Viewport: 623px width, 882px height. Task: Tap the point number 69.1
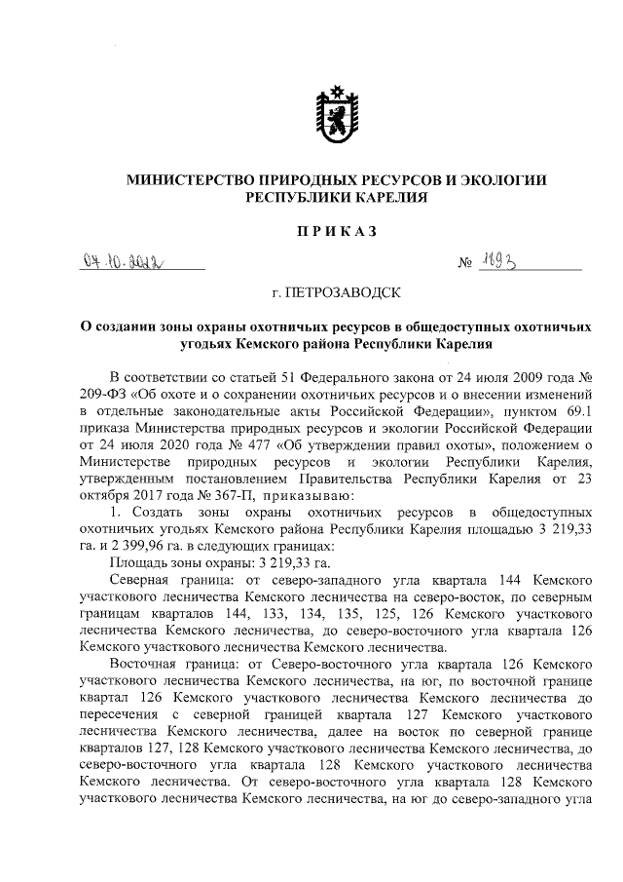(x=572, y=410)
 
